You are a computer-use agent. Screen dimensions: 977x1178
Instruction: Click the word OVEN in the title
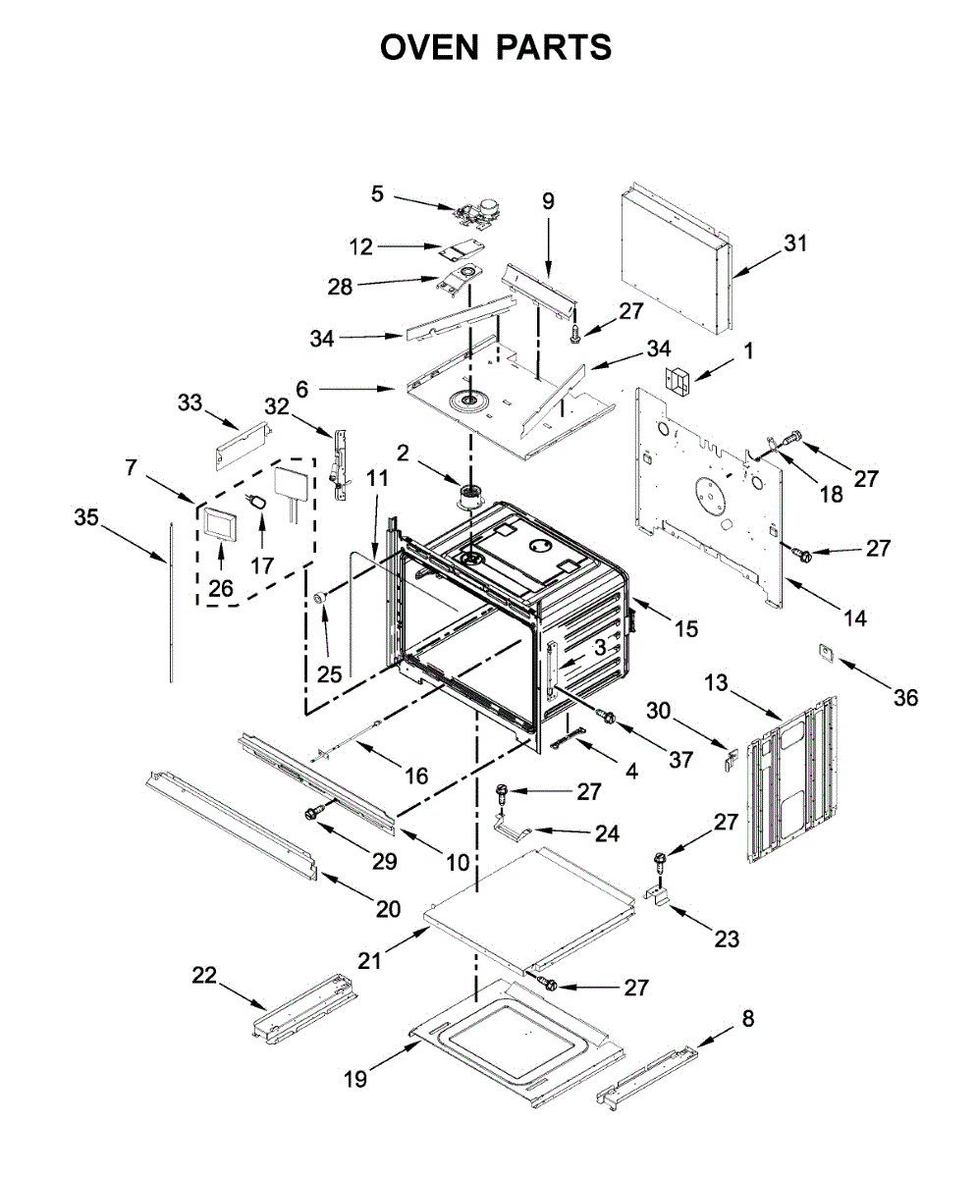pos(429,47)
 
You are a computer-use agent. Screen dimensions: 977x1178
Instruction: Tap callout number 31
pos(795,243)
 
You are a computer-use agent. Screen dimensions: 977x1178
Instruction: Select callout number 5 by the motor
pos(377,193)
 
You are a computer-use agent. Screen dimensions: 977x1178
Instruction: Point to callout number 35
pos(86,517)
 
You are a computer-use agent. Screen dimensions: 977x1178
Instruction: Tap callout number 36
pos(906,698)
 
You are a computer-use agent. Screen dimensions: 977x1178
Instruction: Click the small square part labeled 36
pos(828,653)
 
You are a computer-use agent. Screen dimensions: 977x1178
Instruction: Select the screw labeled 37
pos(607,717)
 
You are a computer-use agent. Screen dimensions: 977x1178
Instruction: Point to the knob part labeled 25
pos(321,597)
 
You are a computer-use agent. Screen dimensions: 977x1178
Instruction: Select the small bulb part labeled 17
pos(257,501)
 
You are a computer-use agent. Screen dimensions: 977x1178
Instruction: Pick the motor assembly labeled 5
pos(473,214)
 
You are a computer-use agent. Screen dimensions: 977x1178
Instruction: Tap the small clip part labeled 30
pos(731,757)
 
